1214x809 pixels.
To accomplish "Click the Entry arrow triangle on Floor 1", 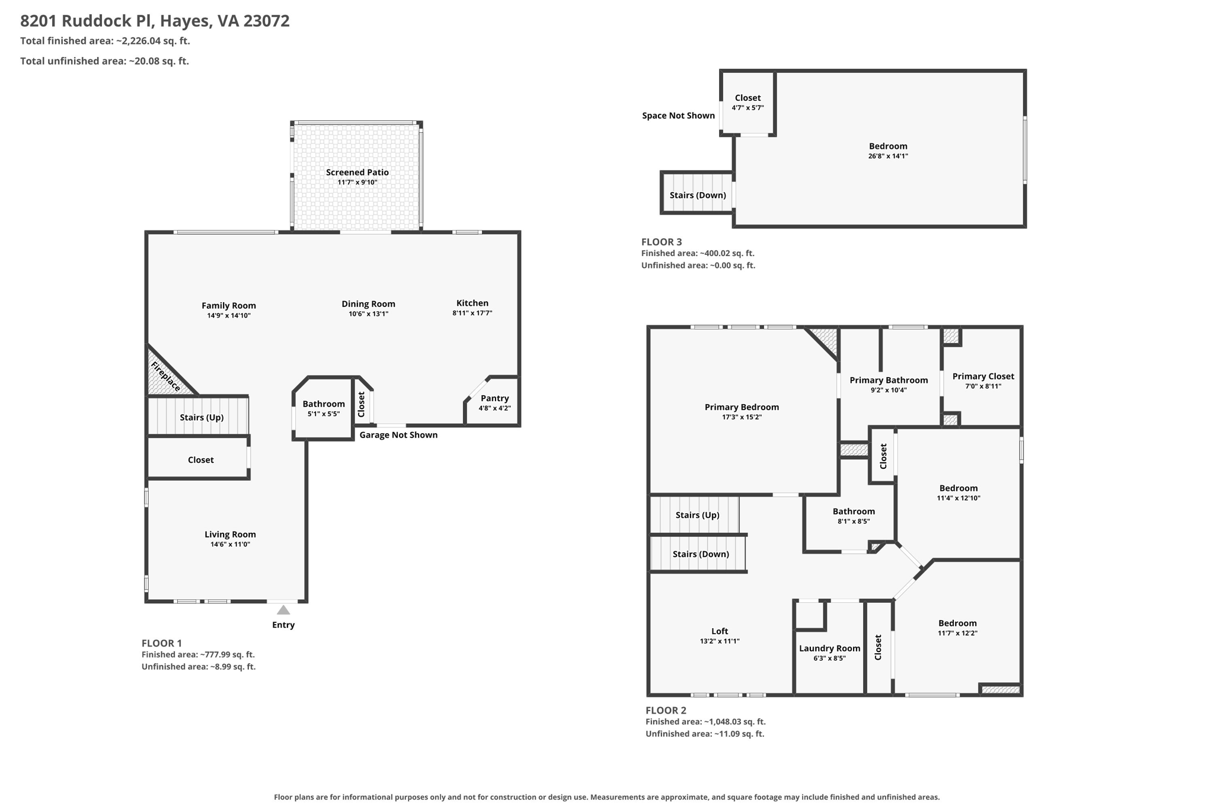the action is [283, 610].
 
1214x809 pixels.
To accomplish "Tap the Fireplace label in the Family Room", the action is [165, 376].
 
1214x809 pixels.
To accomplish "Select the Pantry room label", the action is [495, 398].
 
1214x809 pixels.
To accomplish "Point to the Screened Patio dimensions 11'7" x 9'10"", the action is [357, 183].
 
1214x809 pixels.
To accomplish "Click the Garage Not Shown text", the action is [398, 435].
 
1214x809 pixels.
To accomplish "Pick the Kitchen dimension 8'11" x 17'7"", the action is [472, 313].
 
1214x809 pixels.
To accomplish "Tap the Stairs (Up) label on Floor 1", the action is [202, 417].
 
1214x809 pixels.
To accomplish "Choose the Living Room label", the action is [231, 535].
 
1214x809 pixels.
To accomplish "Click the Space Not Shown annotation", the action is [678, 116].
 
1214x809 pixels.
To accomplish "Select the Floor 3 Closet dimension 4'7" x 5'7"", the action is [747, 108].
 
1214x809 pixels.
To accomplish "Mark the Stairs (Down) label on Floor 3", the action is [698, 196].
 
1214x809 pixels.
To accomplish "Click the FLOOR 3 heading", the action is [662, 242].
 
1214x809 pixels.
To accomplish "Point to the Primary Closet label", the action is [983, 376].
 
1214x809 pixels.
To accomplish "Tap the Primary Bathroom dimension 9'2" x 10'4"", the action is [889, 390].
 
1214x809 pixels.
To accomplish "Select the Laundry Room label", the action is [829, 648].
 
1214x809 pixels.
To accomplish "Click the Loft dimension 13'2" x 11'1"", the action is [720, 641].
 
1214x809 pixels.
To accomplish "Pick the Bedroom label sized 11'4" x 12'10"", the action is [959, 488].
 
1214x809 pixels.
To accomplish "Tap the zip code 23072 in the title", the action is [266, 21].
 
